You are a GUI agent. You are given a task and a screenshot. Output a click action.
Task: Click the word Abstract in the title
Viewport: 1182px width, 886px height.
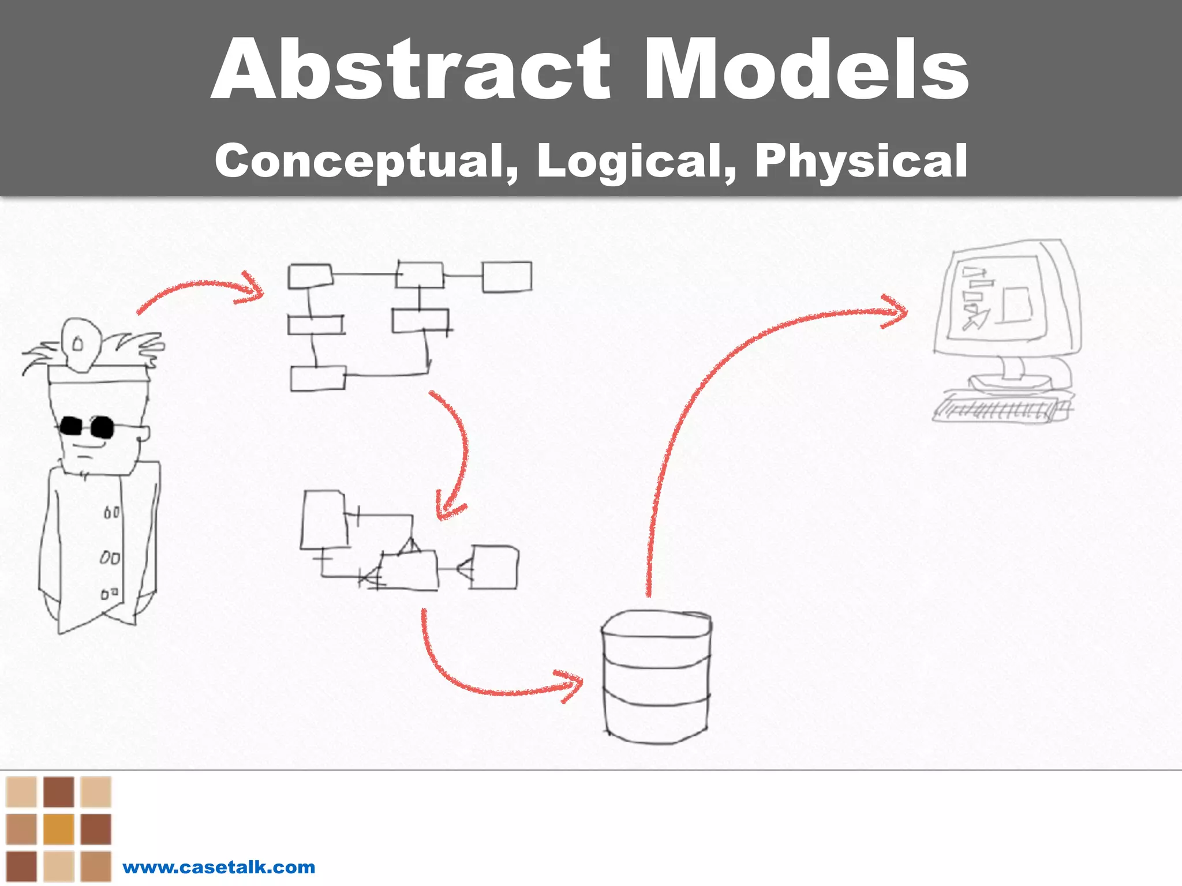[411, 69]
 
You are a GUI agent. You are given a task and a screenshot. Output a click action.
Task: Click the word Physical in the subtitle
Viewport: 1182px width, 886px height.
[861, 161]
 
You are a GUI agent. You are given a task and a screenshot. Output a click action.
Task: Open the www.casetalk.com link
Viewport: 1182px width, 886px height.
[219, 867]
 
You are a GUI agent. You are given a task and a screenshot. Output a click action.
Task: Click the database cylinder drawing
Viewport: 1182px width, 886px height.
[656, 678]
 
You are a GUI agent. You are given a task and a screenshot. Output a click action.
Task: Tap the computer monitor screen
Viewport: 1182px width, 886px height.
[997, 297]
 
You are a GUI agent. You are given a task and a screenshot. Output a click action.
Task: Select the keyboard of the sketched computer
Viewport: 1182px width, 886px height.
[1001, 409]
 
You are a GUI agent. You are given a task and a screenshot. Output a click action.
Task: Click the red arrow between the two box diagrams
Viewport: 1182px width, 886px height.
[459, 456]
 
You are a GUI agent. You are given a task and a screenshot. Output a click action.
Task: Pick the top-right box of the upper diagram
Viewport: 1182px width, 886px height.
[507, 277]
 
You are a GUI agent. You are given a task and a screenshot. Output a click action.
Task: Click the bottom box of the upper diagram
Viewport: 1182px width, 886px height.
[317, 378]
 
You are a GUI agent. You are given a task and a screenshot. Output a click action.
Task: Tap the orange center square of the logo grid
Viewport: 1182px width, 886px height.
[58, 829]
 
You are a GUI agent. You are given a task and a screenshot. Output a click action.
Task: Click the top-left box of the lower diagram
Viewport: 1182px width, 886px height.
[324, 520]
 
